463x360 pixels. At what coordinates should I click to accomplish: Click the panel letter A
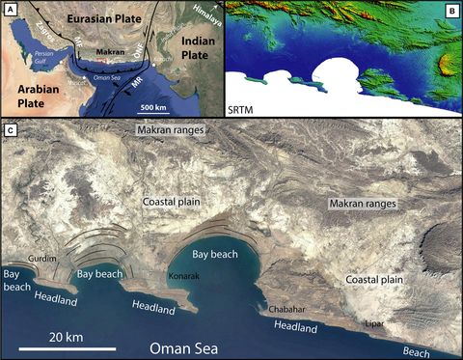9,9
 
